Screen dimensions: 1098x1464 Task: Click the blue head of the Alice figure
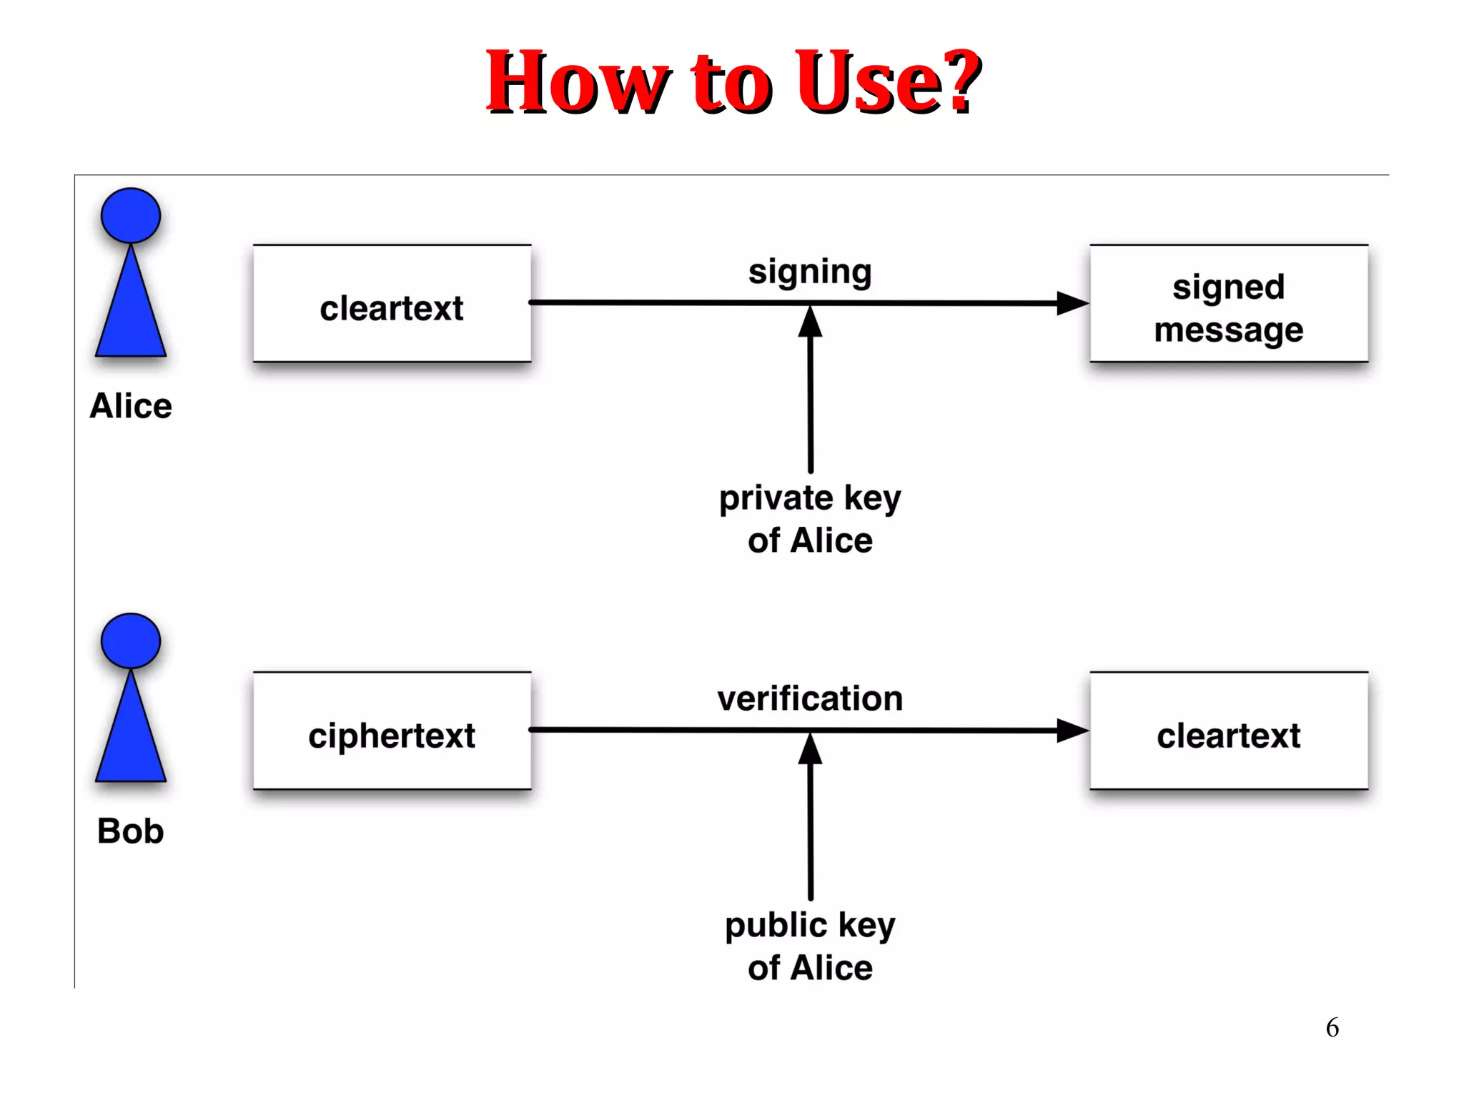tap(131, 215)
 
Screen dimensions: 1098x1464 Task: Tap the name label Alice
tap(131, 406)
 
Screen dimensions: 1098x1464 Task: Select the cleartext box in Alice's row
tap(392, 304)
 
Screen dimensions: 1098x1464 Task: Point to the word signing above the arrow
tap(810, 272)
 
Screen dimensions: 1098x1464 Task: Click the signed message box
tap(1228, 305)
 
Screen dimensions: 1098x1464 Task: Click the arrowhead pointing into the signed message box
tap(1072, 303)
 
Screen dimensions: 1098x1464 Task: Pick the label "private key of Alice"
tap(810, 519)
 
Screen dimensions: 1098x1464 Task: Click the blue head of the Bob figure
tap(131, 640)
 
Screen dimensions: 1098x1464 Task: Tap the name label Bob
tap(131, 831)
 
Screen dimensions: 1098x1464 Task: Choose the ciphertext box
tap(392, 731)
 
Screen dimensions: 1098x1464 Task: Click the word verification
tap(810, 698)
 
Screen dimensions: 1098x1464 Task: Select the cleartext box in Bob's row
tap(1228, 731)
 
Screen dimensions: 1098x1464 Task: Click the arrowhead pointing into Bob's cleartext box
tap(1072, 730)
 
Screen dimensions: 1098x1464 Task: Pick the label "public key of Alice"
tap(810, 946)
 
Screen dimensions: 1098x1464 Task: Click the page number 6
tap(1332, 1028)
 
